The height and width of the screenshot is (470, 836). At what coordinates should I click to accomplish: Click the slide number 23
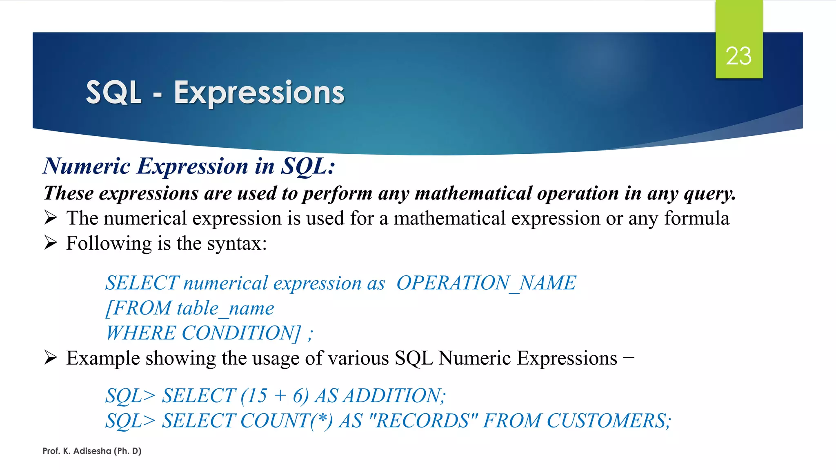click(738, 56)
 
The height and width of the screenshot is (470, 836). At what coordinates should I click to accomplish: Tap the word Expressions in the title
click(259, 93)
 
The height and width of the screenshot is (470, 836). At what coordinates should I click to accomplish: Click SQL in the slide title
click(113, 93)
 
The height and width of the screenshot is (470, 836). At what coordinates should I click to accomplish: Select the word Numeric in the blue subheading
click(87, 166)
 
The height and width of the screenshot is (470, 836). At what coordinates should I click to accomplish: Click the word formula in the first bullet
click(696, 218)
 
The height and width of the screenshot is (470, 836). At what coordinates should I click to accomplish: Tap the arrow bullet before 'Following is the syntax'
click(51, 243)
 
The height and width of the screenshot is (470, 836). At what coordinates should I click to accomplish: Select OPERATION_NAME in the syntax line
click(486, 283)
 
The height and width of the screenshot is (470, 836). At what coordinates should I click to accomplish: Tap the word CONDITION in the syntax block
click(240, 333)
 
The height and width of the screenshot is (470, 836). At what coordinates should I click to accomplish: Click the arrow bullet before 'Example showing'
click(51, 358)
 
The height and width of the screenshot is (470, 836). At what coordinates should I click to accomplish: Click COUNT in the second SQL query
click(276, 421)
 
